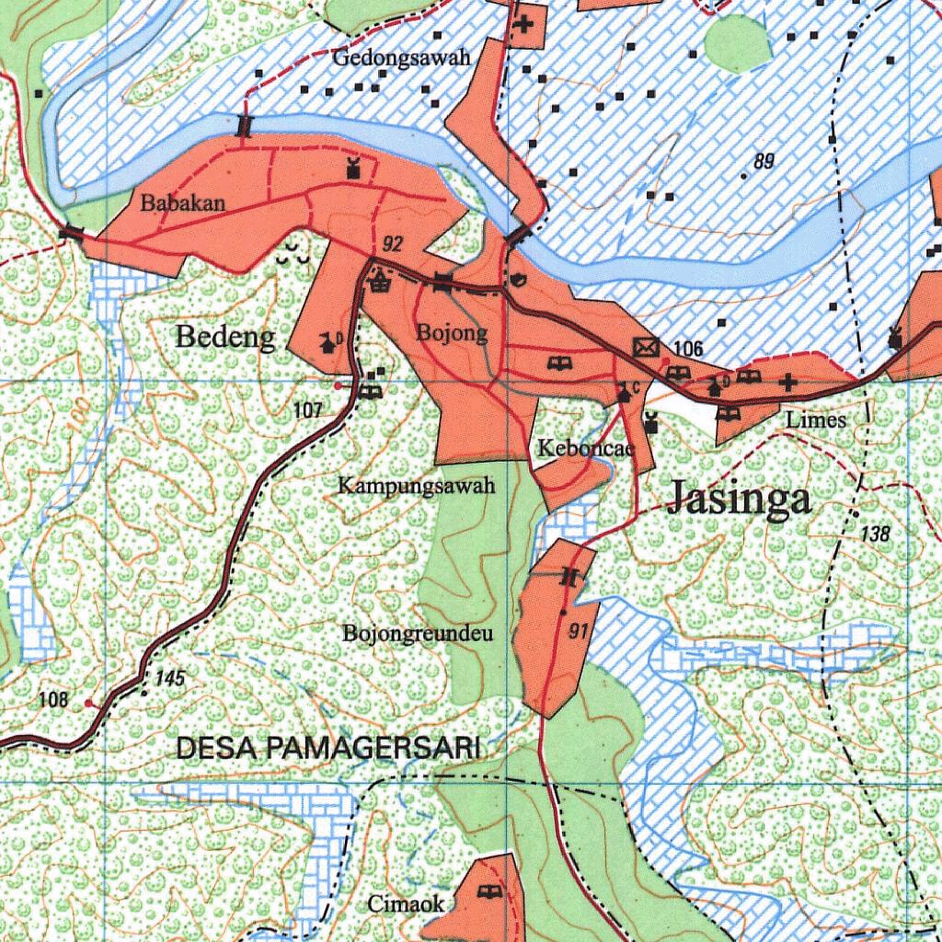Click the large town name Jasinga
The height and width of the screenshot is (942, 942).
[740, 498]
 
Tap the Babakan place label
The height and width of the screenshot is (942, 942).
[182, 203]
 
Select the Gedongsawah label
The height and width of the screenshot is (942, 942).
[402, 58]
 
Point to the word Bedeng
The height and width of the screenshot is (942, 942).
[224, 338]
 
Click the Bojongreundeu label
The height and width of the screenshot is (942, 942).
[419, 634]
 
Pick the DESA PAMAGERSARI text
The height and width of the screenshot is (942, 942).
[327, 749]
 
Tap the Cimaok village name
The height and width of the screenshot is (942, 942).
[406, 904]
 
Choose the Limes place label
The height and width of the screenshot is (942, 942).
[816, 419]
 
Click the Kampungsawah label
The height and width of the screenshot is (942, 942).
[417, 485]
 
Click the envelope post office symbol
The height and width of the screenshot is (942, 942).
[647, 348]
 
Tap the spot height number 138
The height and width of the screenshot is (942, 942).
[877, 533]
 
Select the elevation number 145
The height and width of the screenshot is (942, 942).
[171, 679]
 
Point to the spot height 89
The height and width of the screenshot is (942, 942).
[764, 162]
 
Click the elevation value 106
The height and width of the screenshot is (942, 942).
[688, 349]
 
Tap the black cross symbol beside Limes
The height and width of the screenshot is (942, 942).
[787, 382]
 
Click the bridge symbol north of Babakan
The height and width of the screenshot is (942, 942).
[244, 125]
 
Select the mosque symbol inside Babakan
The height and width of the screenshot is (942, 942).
[350, 168]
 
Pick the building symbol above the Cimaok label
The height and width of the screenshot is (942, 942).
[488, 890]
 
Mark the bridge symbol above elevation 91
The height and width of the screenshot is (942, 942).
[570, 578]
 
